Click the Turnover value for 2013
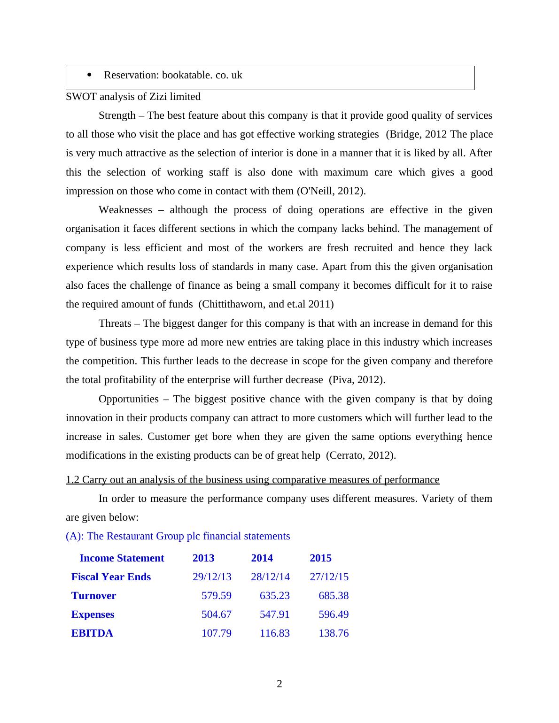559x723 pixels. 216,595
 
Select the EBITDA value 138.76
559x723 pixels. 334,633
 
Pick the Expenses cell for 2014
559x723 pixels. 274,614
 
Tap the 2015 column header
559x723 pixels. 320,558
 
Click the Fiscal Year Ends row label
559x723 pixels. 111,577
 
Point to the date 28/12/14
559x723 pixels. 270,577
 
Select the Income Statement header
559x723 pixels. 122,558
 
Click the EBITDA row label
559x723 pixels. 92,633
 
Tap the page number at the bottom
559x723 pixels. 279,684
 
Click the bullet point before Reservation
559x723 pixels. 89,75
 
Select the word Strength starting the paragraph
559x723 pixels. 117,115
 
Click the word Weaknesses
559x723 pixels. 125,210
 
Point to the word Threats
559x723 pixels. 115,323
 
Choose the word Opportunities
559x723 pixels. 129,399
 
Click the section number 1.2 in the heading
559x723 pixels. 73,479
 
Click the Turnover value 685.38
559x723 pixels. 334,595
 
